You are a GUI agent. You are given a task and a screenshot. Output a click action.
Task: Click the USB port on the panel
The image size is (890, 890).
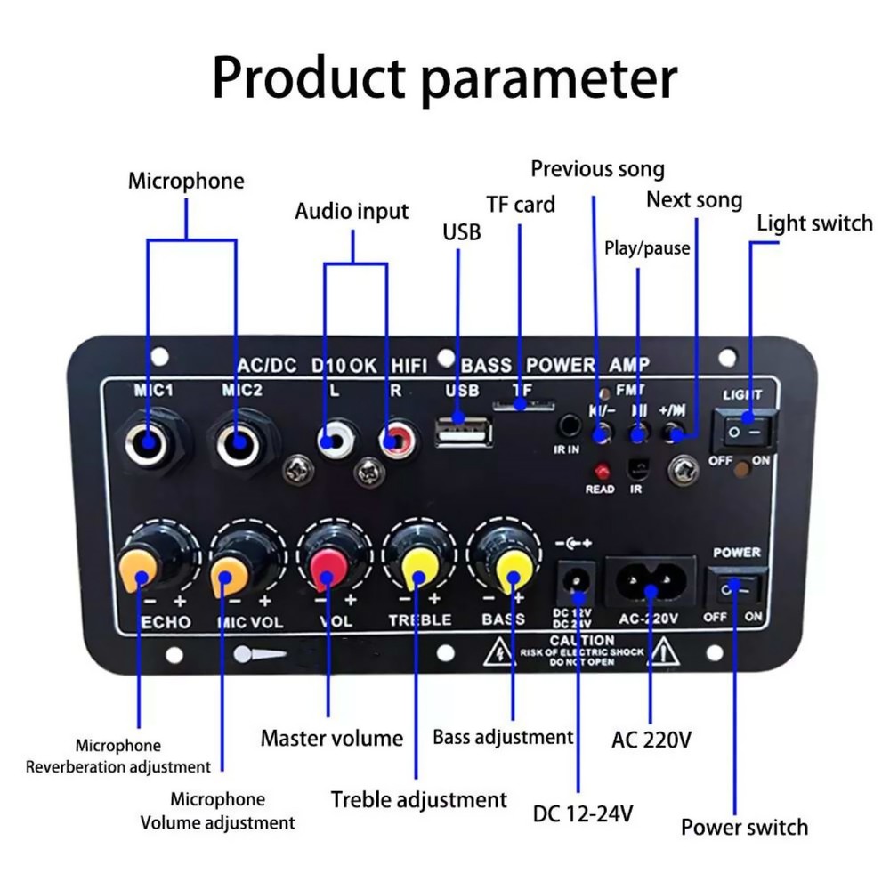tap(463, 433)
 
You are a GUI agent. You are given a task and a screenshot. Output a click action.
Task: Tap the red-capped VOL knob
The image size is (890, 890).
tap(328, 563)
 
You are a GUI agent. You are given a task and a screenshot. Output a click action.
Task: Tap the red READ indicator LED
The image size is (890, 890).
tap(603, 470)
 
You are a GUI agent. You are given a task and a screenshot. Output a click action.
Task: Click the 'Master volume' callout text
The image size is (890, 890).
tap(331, 738)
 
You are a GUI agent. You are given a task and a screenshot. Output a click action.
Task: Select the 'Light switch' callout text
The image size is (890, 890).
tap(813, 223)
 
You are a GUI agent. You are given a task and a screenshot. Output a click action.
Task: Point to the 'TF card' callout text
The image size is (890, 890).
tap(521, 205)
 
